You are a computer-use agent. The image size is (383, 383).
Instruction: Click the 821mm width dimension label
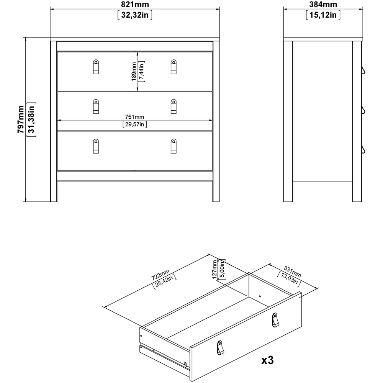pos(135,5)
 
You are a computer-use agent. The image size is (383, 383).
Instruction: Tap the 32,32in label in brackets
pos(135,15)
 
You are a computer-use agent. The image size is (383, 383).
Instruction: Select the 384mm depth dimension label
pos(323,5)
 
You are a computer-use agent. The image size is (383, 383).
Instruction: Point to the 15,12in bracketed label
pos(323,15)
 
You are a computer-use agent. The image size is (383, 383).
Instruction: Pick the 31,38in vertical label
pos(33,119)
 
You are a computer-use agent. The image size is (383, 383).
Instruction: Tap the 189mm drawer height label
pos(134,72)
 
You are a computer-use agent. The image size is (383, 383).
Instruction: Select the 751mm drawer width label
pos(135,117)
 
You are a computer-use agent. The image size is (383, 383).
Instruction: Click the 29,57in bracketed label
pos(135,124)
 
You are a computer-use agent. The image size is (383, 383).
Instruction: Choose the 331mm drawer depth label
pos(293,271)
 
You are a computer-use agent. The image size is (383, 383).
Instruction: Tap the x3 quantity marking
pos(267,360)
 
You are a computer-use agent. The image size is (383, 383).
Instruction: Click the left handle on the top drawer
pos(95,67)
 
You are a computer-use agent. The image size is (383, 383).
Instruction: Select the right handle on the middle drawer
pos(173,106)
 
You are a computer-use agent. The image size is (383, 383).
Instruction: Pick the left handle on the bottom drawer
pos(95,146)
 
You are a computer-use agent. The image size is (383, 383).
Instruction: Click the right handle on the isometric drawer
pos(275,320)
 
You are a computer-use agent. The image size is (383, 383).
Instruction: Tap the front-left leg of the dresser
pos(54,191)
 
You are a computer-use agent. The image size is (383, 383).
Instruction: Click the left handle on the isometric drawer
pos(220,347)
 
